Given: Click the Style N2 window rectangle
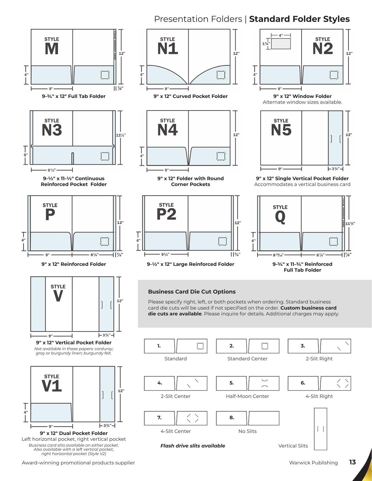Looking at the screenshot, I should pos(281,44).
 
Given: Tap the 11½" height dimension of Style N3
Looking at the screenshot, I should pos(121,135).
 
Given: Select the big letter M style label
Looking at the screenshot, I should pos(52,49).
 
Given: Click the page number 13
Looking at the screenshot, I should pos(352,462).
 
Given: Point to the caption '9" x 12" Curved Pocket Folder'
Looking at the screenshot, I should pos(190,96).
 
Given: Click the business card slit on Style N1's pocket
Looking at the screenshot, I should pos(221,75).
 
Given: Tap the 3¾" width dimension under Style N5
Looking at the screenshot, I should pos(336,169).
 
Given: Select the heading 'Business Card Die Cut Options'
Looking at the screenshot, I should pos(192,292).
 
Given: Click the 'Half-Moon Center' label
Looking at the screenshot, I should pos(247,396).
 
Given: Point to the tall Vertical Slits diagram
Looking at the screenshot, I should pos(320,429).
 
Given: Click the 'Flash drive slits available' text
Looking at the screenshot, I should pos(193,446).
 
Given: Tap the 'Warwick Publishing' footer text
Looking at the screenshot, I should pos(313,463).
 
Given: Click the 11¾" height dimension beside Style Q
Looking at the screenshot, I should pos(350,224).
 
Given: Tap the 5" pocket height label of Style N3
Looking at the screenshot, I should pos(26,155).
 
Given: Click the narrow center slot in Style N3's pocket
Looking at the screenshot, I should pos(73,158).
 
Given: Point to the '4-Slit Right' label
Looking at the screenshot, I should pos(319,396).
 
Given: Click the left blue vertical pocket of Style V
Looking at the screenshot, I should pos(38,304).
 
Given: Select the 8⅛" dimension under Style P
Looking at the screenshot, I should pos(94,255).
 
